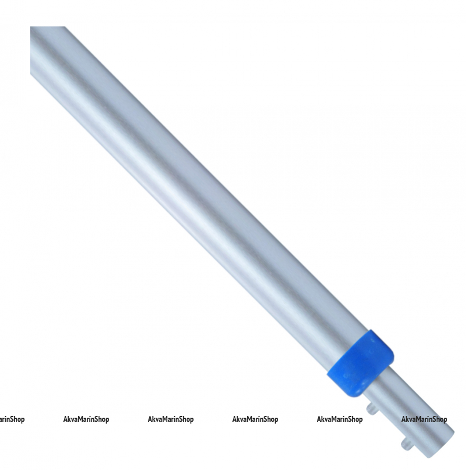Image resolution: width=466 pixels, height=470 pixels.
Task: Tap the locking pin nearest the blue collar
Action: [x=371, y=408]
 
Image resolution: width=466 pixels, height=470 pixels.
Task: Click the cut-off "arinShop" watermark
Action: [x=11, y=419]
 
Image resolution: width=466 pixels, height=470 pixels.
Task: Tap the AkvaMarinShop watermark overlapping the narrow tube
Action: [x=424, y=419]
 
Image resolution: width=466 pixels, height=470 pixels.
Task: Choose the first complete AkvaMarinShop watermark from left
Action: [x=86, y=419]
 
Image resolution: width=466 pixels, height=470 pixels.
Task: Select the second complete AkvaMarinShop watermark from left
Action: [x=171, y=419]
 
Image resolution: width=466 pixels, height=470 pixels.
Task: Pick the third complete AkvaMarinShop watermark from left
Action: [x=255, y=419]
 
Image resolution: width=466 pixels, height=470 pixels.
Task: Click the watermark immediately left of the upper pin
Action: [x=340, y=419]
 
